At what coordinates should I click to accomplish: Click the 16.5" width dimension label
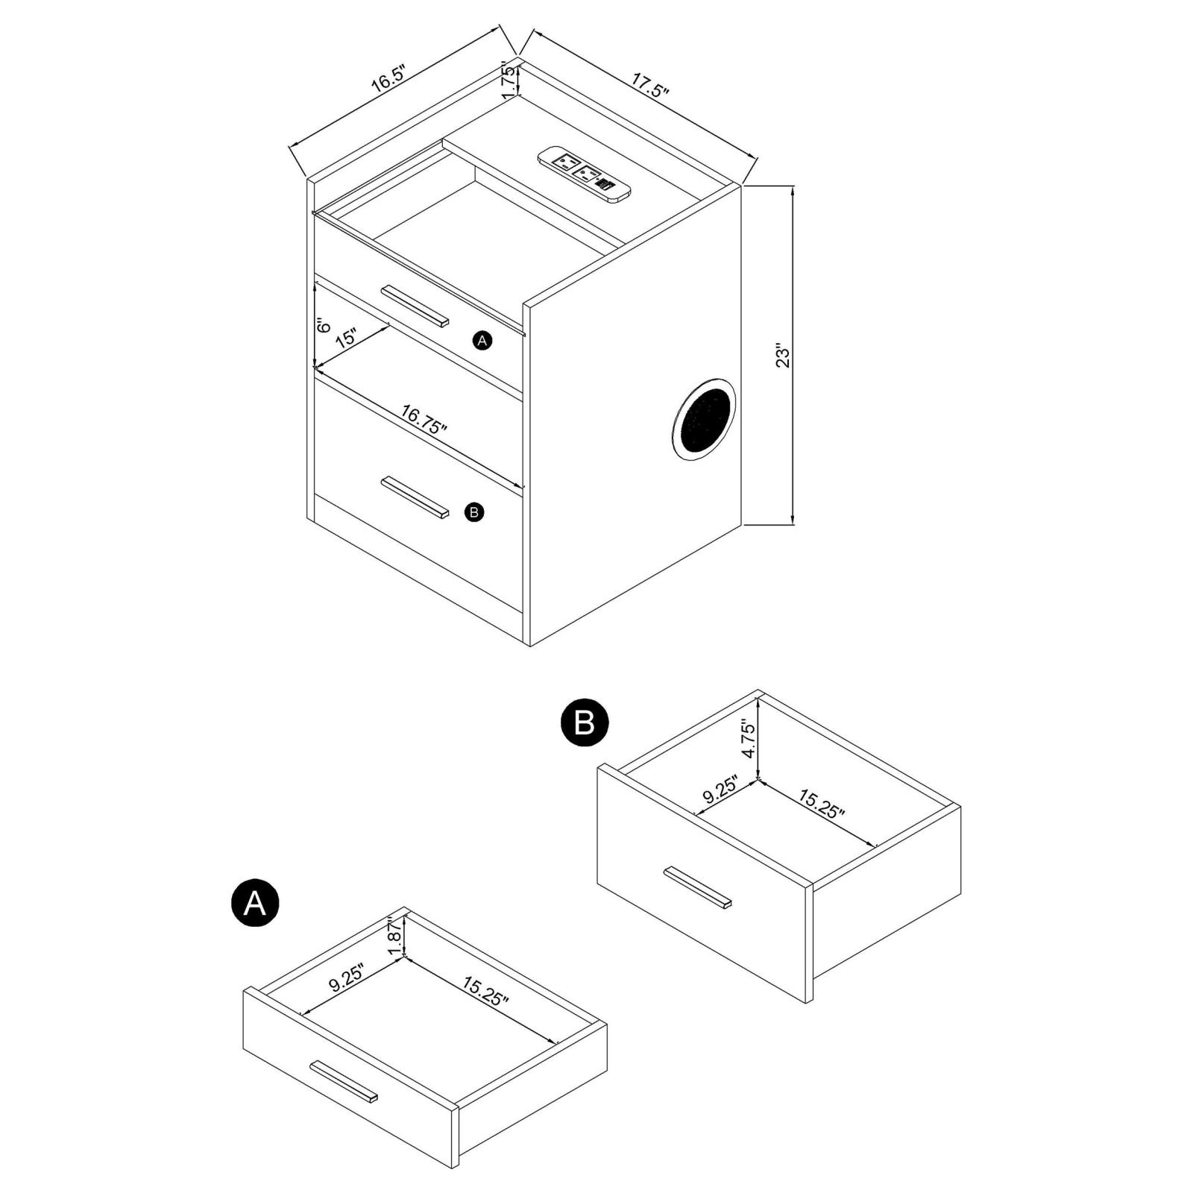(388, 78)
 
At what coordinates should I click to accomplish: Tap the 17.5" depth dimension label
(651, 86)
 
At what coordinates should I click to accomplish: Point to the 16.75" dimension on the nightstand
(424, 419)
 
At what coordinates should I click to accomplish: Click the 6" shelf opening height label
(323, 326)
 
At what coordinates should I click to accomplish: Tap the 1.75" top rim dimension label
(510, 79)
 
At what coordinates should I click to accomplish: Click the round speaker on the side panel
(703, 419)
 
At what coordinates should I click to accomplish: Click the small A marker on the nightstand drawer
(482, 341)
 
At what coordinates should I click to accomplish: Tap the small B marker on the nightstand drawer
(474, 512)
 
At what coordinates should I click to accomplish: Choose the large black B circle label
(585, 722)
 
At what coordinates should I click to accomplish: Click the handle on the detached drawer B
(697, 887)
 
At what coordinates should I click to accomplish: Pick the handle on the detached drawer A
(344, 1081)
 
